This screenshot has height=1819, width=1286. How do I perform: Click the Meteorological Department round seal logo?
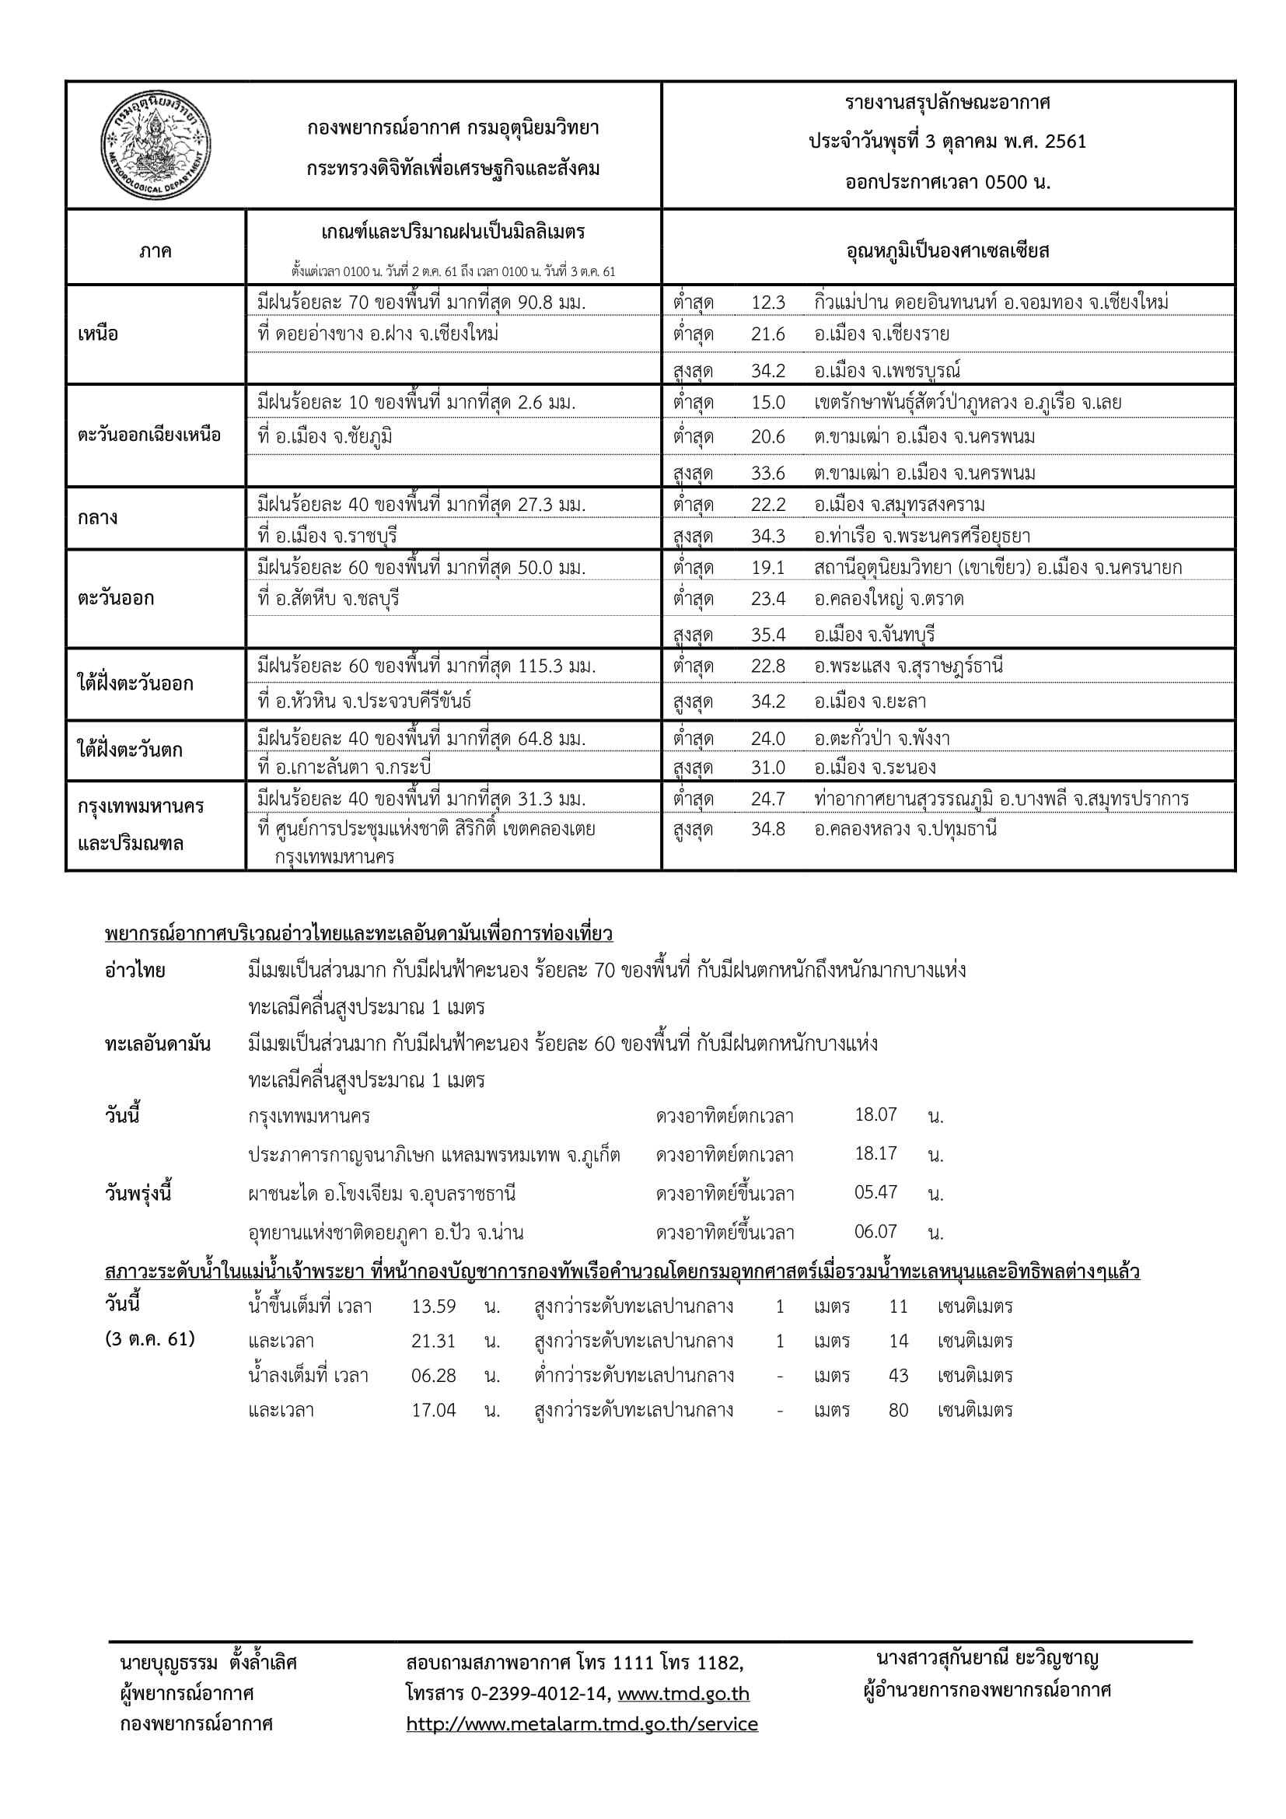156,145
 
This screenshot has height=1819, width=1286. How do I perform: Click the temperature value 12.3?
767,303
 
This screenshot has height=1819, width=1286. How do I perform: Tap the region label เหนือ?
97,334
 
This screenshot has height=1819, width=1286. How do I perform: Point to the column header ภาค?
156,252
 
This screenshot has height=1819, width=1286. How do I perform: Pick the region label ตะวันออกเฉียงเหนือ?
149,435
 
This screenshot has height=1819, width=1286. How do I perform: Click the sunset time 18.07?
875,1114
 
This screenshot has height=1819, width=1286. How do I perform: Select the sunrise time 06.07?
875,1232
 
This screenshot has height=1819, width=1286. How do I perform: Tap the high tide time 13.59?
433,1307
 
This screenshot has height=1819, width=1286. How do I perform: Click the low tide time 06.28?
433,1376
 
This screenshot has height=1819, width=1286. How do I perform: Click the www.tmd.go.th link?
683,1694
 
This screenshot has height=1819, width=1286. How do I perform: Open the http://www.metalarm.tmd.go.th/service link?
582,1724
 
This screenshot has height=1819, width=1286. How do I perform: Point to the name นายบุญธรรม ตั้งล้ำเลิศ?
208,1662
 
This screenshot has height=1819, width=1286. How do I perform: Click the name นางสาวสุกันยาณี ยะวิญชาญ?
987,1658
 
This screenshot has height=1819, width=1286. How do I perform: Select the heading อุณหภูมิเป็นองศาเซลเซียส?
947,252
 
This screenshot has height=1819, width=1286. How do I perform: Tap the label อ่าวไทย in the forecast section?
135,971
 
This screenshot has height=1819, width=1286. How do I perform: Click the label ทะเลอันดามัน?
158,1044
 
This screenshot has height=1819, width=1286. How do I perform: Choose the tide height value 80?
898,1410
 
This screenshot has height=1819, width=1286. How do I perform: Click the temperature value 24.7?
767,799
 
